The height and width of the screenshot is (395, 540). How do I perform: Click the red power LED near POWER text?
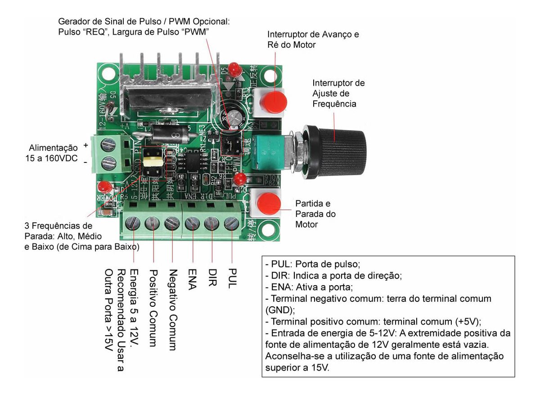click(x=105, y=186)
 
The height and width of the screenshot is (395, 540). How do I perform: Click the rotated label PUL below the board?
click(x=232, y=279)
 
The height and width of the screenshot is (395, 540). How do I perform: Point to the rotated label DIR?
click(x=212, y=278)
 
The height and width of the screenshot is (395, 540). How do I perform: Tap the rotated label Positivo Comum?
click(x=153, y=308)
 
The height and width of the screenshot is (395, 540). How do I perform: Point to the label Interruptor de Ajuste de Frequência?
click(x=338, y=94)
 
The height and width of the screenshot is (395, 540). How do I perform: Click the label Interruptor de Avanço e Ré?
click(x=313, y=40)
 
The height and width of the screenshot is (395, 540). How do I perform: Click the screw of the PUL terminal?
click(x=231, y=222)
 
